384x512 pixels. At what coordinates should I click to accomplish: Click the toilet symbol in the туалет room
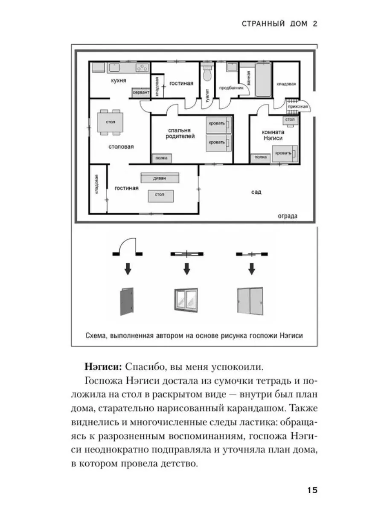click(208, 73)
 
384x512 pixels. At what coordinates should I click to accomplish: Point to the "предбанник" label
click(231, 88)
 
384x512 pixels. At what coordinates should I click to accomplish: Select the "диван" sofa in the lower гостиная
click(160, 177)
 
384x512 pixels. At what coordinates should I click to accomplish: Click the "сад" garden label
click(256, 192)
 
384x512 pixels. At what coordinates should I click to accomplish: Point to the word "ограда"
click(287, 215)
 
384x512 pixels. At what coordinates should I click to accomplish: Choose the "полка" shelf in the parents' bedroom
click(162, 158)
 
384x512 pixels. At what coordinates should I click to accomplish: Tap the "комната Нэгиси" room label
click(273, 135)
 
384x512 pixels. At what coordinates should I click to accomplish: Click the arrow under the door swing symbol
click(127, 269)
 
